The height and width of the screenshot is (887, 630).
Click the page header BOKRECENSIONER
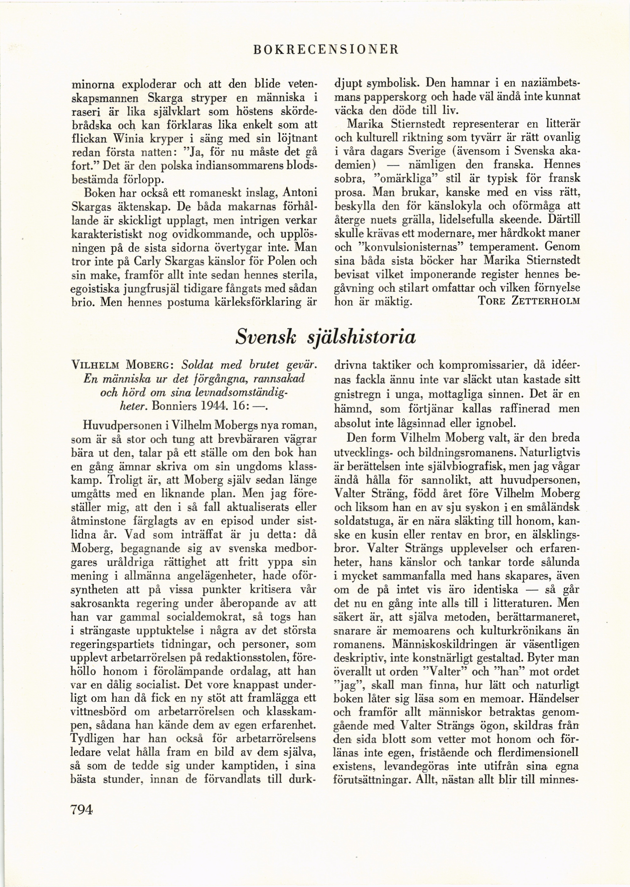point(325,50)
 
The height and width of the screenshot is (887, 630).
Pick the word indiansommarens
point(227,166)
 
